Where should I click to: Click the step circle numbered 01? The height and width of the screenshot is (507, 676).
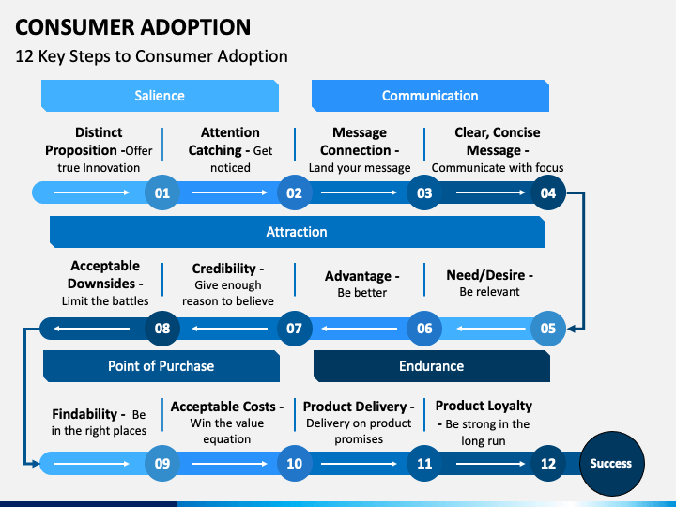(x=162, y=192)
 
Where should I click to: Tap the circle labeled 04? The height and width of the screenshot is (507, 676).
(x=548, y=192)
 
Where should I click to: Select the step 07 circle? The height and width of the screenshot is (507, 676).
(x=295, y=329)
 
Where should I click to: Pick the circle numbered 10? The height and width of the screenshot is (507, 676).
(x=295, y=464)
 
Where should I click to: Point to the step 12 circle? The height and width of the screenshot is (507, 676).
(x=548, y=464)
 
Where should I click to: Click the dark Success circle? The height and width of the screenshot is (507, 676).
(x=612, y=464)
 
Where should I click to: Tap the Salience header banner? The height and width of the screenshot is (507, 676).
(x=160, y=96)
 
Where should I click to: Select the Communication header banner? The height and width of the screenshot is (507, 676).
(x=430, y=96)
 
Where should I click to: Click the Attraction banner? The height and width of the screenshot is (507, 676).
(x=297, y=232)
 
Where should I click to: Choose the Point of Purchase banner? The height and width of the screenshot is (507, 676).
(x=161, y=366)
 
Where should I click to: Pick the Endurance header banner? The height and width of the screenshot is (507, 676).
(x=432, y=366)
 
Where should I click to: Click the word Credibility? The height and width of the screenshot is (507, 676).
(x=223, y=269)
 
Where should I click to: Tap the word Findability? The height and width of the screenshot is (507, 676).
(x=84, y=414)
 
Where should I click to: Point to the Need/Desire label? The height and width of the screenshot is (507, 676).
(x=486, y=275)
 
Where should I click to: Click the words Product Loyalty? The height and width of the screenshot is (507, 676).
(x=484, y=406)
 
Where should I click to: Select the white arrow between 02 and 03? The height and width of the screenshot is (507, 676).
(x=359, y=192)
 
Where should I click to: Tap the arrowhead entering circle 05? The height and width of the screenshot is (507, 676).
(x=572, y=329)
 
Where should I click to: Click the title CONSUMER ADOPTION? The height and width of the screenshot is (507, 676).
(x=132, y=27)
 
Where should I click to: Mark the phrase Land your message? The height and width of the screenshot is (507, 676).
(x=360, y=168)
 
